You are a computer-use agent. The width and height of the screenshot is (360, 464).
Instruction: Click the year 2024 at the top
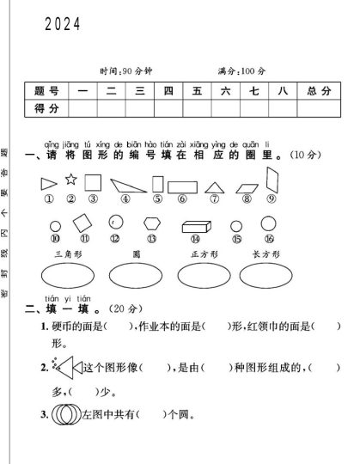point(62,26)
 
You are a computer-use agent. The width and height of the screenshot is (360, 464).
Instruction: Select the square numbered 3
point(94,182)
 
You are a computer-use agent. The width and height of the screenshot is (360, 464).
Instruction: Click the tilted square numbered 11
point(82,223)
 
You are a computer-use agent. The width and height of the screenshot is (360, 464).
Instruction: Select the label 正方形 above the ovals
point(204,254)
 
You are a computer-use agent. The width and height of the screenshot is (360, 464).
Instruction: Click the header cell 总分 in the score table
point(318,91)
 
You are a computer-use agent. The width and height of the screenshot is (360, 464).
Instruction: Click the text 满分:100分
point(242,70)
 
